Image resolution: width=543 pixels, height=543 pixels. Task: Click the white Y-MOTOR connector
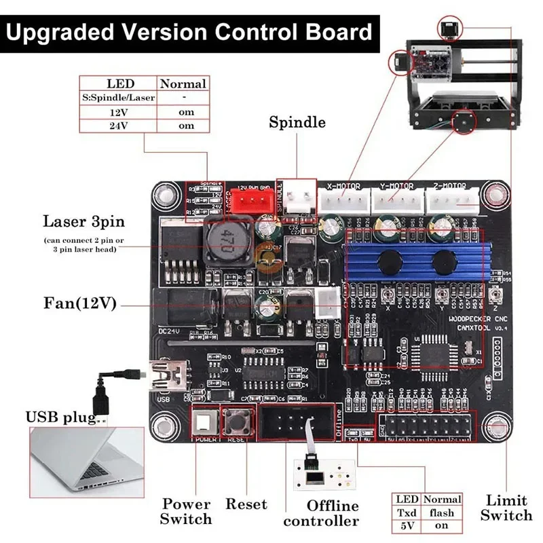(x=398, y=200)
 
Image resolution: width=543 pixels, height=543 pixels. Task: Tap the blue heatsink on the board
(x=417, y=258)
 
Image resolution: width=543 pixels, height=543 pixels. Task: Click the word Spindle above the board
(x=297, y=123)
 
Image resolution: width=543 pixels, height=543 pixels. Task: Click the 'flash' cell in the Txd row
(x=442, y=512)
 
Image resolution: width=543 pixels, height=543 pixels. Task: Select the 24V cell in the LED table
(x=117, y=126)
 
